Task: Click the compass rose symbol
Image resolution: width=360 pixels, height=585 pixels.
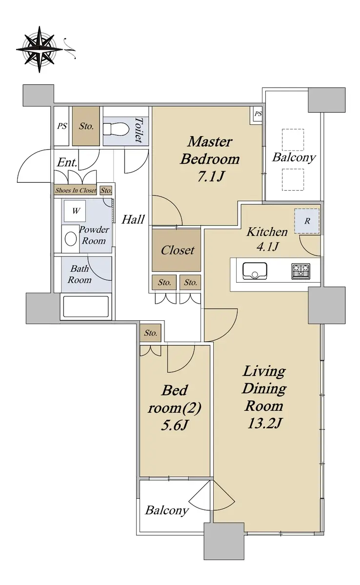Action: [40, 49]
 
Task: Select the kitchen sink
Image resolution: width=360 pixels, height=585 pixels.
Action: [255, 271]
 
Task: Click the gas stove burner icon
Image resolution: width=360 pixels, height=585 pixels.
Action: [300, 271]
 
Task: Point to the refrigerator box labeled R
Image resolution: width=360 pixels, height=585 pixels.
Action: [307, 221]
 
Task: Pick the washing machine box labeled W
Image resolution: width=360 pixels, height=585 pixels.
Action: [75, 211]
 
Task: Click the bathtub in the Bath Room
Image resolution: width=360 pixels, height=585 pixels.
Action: [86, 307]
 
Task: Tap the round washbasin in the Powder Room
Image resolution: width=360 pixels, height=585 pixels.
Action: [71, 239]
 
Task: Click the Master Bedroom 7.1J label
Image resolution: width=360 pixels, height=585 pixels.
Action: [210, 159]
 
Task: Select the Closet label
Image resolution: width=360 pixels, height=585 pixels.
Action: [178, 250]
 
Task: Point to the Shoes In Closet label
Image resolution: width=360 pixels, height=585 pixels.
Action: [76, 191]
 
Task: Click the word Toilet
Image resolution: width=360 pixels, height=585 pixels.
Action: [139, 130]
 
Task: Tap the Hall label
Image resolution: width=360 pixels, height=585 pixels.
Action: [133, 219]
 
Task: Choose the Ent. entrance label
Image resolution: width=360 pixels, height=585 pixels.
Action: [67, 162]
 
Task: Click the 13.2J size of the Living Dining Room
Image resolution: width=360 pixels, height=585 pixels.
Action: [264, 423]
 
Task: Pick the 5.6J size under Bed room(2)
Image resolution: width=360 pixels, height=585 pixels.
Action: [175, 426]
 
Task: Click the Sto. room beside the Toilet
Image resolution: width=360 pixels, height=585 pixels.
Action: [86, 126]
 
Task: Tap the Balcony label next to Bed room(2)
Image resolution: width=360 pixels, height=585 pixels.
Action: [167, 510]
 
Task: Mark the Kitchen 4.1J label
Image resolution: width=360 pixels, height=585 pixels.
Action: [267, 239]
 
